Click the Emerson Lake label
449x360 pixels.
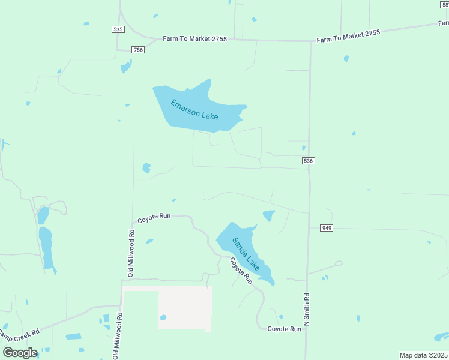[194, 109]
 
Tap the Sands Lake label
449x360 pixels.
[246, 254]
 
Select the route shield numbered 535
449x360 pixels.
[118, 29]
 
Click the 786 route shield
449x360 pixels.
[139, 50]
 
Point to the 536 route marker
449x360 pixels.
[308, 161]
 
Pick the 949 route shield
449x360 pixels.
[327, 228]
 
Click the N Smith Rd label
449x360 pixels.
[307, 309]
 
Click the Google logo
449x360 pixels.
[20, 352]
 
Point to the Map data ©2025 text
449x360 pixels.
[424, 355]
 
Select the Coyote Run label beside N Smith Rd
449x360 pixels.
[284, 329]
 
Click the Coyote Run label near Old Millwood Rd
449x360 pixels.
[154, 219]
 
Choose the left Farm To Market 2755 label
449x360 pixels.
[194, 38]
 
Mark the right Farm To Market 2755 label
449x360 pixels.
[349, 36]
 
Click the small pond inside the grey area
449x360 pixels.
[163, 317]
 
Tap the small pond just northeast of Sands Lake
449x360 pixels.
[268, 215]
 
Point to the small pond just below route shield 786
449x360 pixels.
[126, 65]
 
